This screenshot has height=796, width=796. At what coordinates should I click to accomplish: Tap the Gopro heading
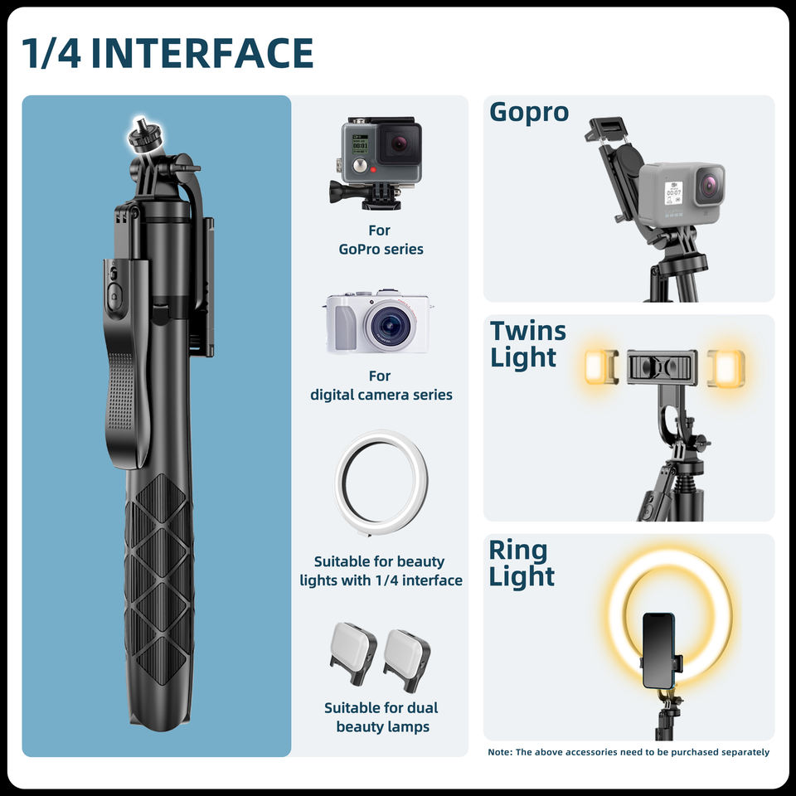click(x=528, y=111)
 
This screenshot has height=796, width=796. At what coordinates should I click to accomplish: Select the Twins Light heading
click(x=527, y=344)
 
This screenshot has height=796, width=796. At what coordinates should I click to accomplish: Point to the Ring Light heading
click(x=522, y=563)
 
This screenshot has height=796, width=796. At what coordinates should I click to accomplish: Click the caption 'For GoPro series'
click(x=381, y=240)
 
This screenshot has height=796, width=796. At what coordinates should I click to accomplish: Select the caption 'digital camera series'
click(x=381, y=395)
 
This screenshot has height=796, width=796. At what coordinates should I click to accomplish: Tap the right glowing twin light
click(x=726, y=368)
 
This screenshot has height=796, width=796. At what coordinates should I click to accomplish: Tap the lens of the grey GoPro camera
click(x=709, y=184)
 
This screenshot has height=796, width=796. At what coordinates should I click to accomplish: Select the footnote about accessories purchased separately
click(x=629, y=752)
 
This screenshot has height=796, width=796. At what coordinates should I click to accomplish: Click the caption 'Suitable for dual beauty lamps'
click(x=381, y=717)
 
